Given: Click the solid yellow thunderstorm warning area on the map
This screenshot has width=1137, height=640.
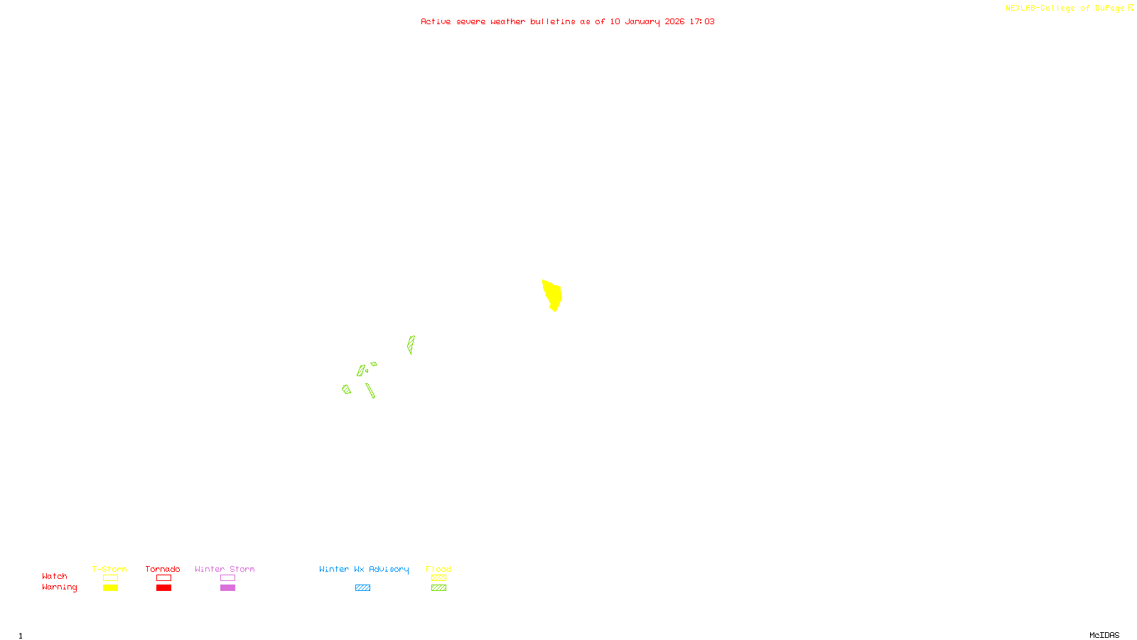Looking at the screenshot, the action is tap(552, 294).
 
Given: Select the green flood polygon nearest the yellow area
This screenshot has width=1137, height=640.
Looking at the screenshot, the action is tap(411, 344).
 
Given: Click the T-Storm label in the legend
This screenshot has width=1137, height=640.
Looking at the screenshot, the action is tap(109, 569).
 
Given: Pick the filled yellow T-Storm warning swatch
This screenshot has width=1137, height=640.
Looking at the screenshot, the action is tap(110, 588).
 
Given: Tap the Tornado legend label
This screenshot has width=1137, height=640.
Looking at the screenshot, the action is tap(163, 569).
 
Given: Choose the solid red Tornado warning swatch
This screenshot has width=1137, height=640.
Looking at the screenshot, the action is tap(164, 588).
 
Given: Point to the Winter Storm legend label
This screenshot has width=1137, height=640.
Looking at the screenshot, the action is tap(225, 569).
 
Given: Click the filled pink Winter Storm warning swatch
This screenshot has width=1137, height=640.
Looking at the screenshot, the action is tap(227, 588).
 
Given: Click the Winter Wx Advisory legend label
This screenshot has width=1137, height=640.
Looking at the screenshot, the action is tap(364, 569).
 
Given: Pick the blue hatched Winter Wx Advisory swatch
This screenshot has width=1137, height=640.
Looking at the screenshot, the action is tap(362, 588).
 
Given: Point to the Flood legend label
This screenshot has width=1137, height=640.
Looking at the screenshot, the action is tap(438, 569).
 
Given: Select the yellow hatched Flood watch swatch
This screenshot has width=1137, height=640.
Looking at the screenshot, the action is tap(438, 578).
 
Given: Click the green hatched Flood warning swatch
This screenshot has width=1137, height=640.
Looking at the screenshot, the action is tap(438, 588).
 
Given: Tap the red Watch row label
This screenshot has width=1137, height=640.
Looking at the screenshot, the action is tap(55, 577).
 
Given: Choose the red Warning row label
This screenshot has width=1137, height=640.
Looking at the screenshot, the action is tap(59, 587).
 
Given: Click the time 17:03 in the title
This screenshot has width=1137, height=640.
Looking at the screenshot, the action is tap(702, 22).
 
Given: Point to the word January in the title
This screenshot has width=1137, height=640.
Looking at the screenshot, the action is tap(642, 22).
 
